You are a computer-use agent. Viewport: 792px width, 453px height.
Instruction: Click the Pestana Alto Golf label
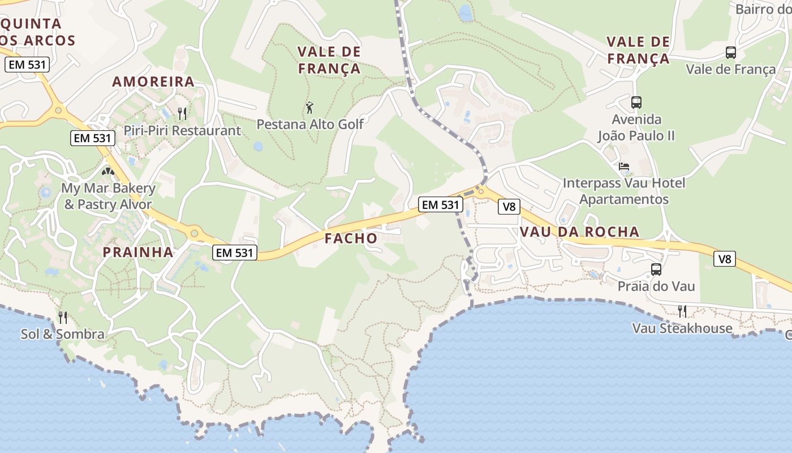[310, 123]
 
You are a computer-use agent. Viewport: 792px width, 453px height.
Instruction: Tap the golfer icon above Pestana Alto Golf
[309, 108]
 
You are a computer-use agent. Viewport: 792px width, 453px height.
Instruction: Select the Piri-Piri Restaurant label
[182, 130]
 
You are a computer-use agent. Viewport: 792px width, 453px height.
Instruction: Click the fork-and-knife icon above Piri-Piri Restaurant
[182, 114]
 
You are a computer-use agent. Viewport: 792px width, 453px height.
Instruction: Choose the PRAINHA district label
[138, 253]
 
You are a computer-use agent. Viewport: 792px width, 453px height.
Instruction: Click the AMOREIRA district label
[153, 82]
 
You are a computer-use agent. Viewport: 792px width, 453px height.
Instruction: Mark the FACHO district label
[351, 238]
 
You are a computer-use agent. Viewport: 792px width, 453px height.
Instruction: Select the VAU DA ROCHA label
[579, 232]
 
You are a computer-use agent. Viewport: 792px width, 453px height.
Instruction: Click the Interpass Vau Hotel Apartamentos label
[624, 191]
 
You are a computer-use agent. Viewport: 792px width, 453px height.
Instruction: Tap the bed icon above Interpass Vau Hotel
[624, 166]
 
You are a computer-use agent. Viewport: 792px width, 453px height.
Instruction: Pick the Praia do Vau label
[656, 286]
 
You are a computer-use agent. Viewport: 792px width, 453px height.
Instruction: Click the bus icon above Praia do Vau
[656, 270]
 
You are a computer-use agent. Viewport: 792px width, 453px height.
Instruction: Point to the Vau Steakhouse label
[682, 328]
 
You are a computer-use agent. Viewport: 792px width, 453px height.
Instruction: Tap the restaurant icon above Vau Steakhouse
[682, 311]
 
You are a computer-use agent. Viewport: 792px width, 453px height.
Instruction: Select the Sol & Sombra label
[63, 334]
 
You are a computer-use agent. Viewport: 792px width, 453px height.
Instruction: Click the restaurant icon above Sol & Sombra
[63, 318]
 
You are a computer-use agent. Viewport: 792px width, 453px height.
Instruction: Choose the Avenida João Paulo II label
[636, 127]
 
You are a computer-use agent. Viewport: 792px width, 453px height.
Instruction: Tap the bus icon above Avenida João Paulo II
[636, 102]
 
